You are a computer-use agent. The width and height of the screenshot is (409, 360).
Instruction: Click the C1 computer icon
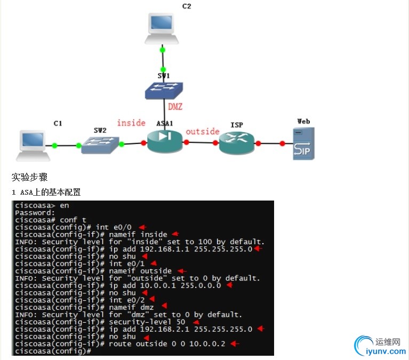[33, 145]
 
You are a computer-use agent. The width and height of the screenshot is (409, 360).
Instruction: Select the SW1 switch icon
[164, 91]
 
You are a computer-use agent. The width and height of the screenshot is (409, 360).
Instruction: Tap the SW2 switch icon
[100, 145]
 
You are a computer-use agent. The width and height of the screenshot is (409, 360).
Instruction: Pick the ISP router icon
[237, 143]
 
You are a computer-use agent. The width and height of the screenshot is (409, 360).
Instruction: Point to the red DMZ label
[175, 107]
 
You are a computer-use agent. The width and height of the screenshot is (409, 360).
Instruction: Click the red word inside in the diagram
[131, 123]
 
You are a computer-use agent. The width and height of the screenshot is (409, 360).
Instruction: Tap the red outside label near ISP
[202, 131]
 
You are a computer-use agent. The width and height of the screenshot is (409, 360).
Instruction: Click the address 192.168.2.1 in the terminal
[163, 329]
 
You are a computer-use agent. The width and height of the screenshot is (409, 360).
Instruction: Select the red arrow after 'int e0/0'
[142, 227]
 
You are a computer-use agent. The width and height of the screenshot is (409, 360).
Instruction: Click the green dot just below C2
[163, 50]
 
